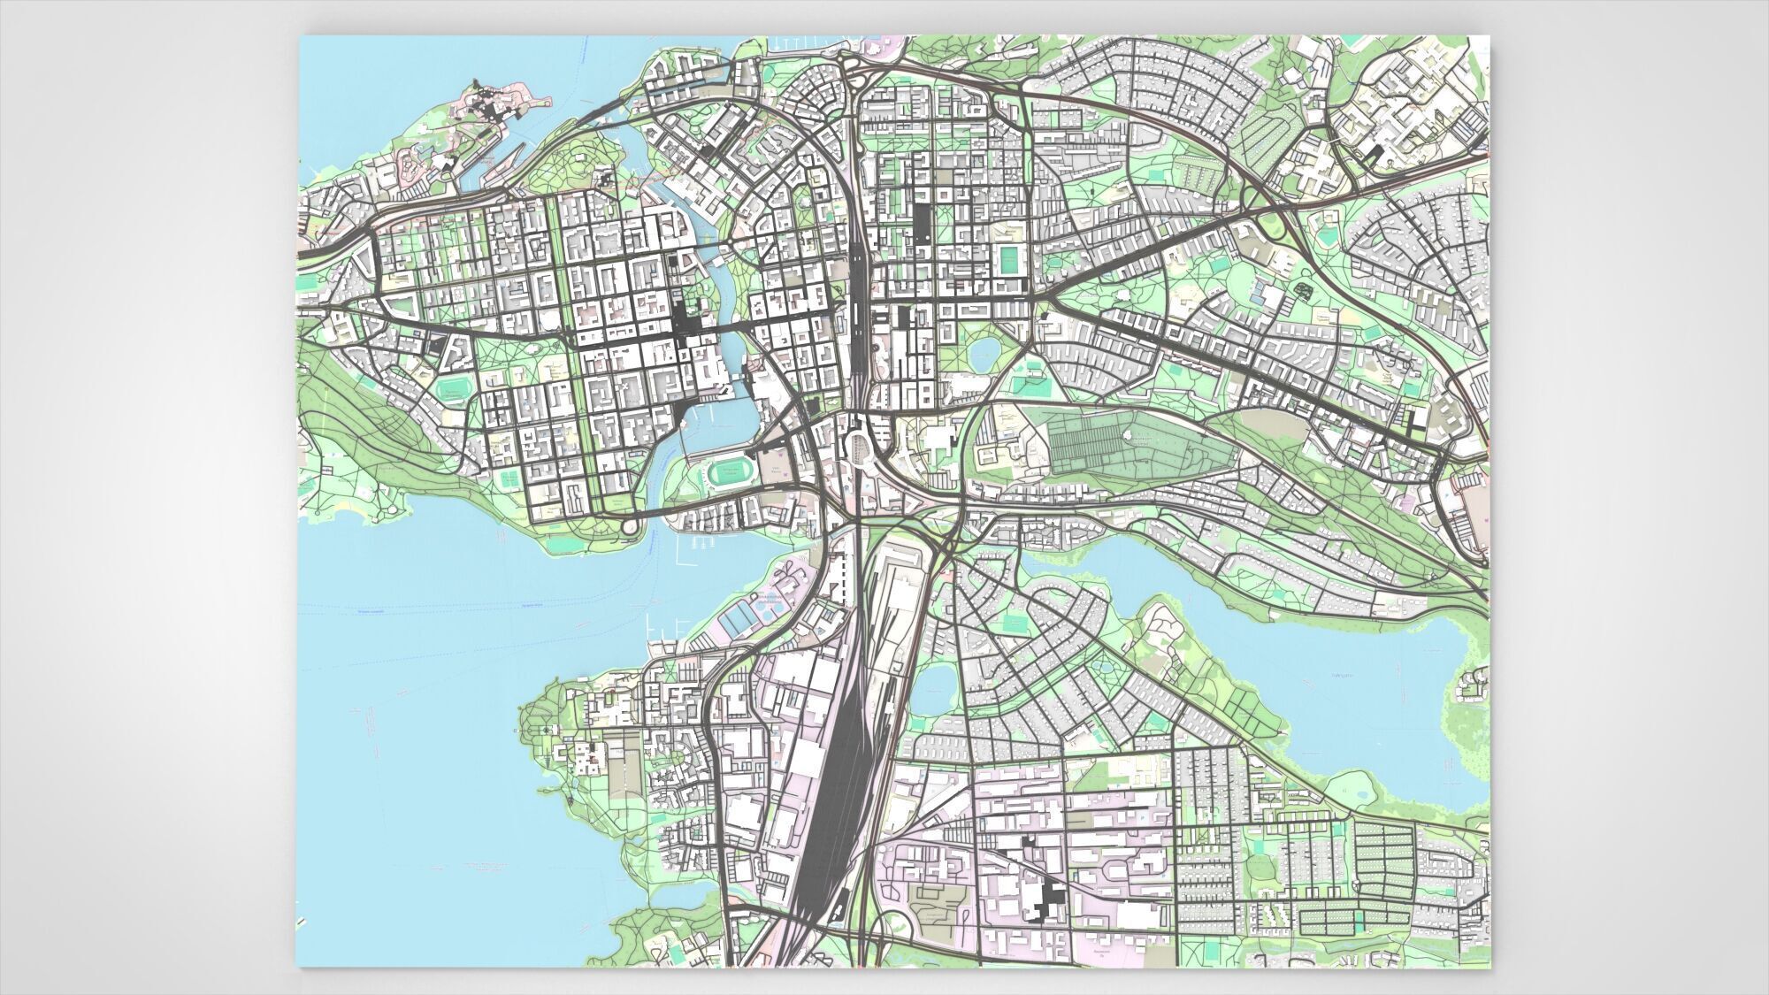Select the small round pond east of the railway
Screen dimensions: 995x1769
983,356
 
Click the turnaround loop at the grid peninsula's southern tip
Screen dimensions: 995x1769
629,527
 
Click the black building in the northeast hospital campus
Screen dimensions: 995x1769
1374,154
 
